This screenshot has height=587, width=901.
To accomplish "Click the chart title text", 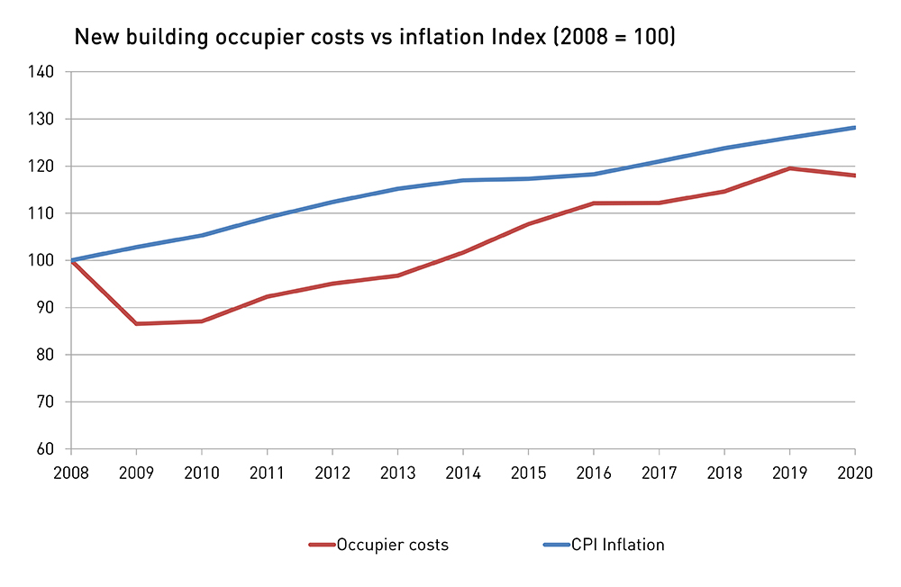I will pos(374,38).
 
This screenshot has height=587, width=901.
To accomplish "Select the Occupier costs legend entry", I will pos(391,545).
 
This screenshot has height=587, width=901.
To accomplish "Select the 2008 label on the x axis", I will pos(70,473).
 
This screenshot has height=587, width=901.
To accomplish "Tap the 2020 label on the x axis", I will pos(855,473).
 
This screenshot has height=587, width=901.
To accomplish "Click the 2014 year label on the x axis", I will pos(462,473).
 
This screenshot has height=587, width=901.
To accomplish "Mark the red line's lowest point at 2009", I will pos(136,323).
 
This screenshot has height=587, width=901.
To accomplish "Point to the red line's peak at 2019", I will pos(790,168).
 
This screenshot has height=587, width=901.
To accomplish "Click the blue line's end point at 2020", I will pos(854,128).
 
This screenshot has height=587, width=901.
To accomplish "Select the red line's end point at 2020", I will pos(854,176).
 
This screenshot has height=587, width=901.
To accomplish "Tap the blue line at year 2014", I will pos(463,180).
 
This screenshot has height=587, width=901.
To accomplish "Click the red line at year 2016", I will pos(594,203).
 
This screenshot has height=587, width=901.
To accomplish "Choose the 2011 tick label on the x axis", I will pos(267,473).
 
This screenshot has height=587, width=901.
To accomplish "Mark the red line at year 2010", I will pos(201,321).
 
